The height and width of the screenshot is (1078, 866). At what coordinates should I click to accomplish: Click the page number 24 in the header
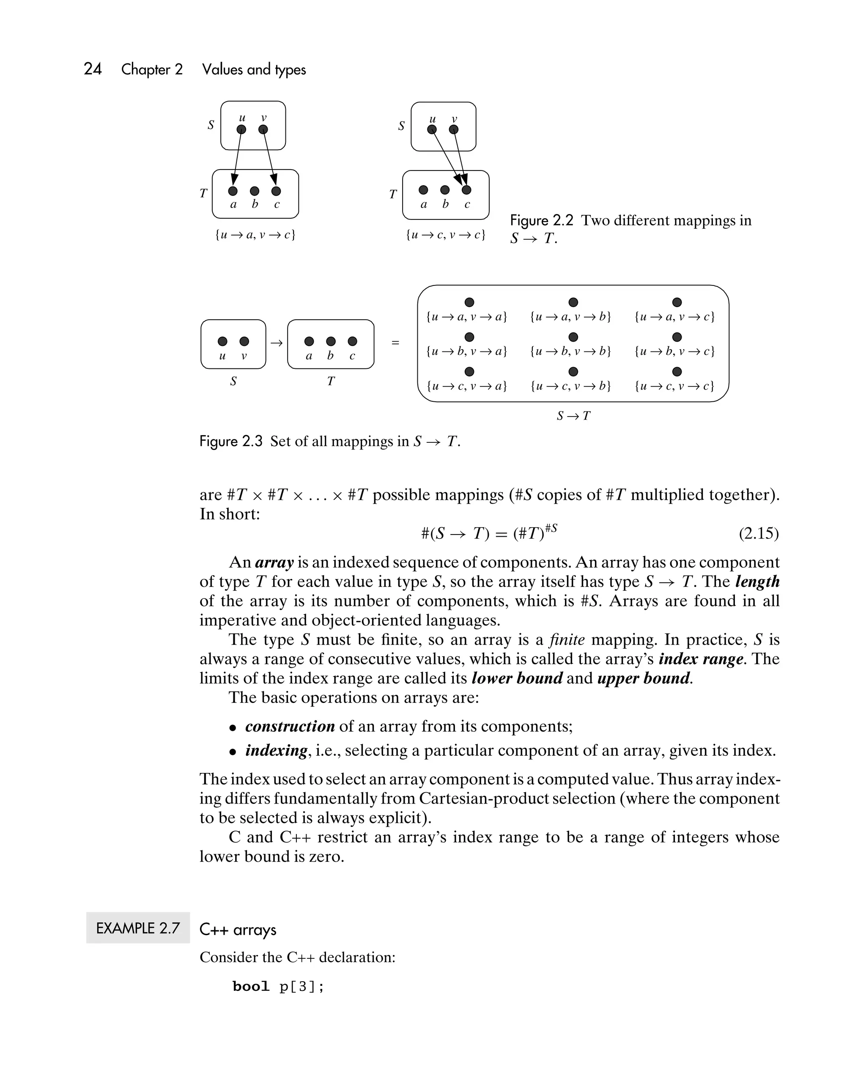(93, 69)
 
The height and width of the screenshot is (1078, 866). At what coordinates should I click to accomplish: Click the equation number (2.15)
(758, 533)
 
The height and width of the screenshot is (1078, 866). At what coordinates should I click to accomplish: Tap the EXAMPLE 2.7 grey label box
(138, 928)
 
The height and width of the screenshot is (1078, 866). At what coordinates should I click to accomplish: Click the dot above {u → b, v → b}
(573, 337)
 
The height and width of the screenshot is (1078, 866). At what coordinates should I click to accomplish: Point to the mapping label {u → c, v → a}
(466, 386)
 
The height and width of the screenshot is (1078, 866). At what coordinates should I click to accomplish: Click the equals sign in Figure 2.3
(395, 343)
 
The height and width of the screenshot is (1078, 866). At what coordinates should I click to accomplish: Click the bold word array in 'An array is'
(274, 562)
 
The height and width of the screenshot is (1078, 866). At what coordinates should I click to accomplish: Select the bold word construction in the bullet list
(290, 726)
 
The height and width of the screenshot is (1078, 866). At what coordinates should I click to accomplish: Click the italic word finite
(567, 640)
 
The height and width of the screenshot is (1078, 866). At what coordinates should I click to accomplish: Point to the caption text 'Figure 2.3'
(230, 442)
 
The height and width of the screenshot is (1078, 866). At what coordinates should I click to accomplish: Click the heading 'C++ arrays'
(238, 930)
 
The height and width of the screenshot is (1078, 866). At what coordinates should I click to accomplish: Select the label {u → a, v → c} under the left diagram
(255, 234)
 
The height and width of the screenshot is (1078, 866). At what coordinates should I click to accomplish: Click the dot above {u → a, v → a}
(469, 302)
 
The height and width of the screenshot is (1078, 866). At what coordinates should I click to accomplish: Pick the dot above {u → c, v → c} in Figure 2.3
(677, 371)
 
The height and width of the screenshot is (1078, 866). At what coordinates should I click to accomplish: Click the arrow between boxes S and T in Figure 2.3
(277, 343)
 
